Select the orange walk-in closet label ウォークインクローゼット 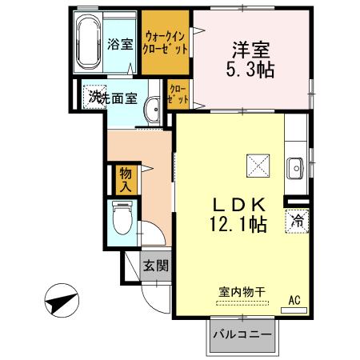pyautogui.click(x=166, y=42)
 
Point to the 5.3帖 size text pyautogui.click(x=249, y=70)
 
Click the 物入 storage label pyautogui.click(x=126, y=180)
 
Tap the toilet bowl pyautogui.click(x=122, y=218)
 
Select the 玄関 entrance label pyautogui.click(x=155, y=266)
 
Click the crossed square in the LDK pyautogui.click(x=258, y=165)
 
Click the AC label pyautogui.click(x=295, y=299)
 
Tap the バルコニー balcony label pyautogui.click(x=242, y=335)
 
